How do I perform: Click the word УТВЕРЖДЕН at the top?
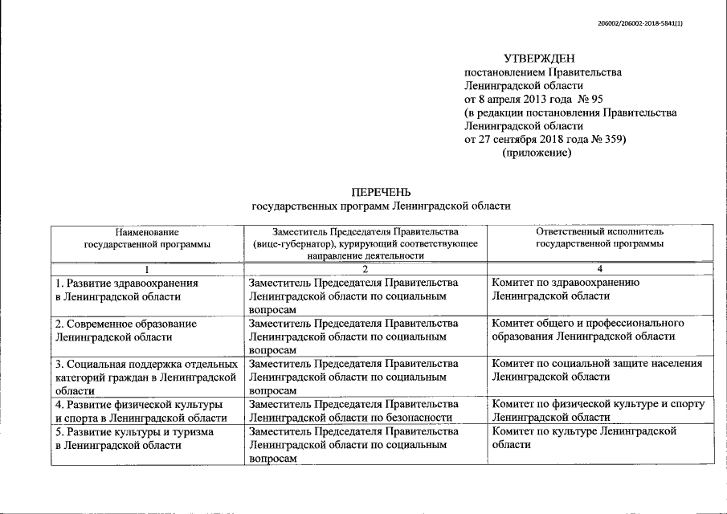pyautogui.click(x=539, y=59)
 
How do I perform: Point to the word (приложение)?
pyautogui.click(x=537, y=153)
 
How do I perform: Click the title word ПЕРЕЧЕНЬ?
pyautogui.click(x=381, y=192)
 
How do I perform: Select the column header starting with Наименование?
pyautogui.click(x=146, y=238)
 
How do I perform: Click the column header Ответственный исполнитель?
pyautogui.click(x=599, y=238)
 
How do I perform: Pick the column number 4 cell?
pyautogui.click(x=599, y=268)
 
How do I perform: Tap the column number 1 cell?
pyautogui.click(x=146, y=268)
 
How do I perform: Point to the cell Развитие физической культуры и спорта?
pyautogui.click(x=137, y=410)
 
